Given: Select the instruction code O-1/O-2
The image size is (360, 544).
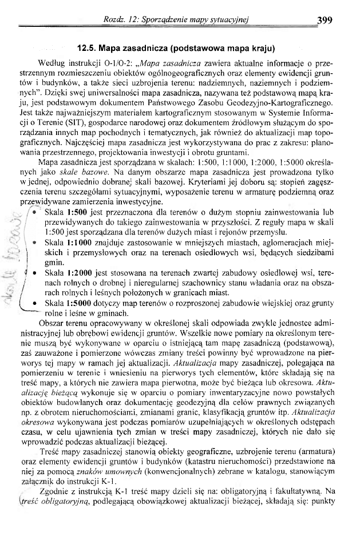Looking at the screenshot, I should click(110, 62).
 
